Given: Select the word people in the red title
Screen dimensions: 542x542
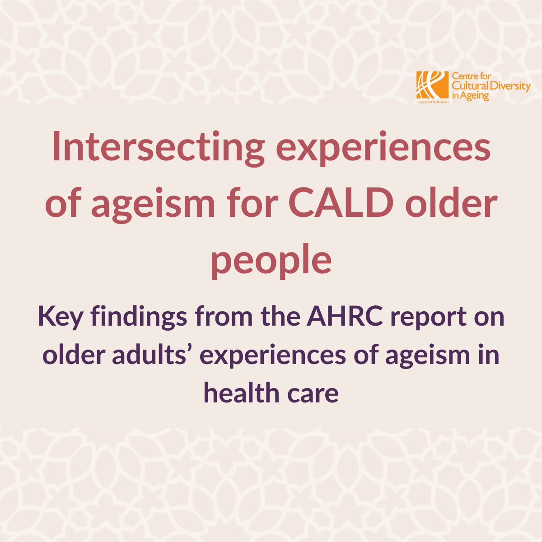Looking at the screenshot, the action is click(271, 262).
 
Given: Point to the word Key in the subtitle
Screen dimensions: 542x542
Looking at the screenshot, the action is click(60, 317).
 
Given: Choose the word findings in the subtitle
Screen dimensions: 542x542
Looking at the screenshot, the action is click(139, 317).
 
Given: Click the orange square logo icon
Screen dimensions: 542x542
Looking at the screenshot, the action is click(432, 85).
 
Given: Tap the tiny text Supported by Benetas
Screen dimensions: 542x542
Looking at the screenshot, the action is click(433, 102).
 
